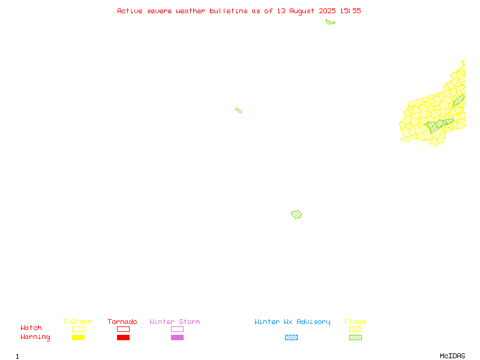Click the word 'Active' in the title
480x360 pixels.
click(130, 11)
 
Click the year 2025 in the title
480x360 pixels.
click(327, 11)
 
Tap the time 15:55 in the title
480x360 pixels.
click(350, 11)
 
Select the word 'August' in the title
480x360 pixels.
click(302, 11)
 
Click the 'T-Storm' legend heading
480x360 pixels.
click(77, 322)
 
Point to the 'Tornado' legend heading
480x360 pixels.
click(122, 322)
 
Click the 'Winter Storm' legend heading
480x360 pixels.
click(175, 322)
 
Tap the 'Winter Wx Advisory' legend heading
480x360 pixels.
click(292, 322)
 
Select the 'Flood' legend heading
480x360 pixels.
click(355, 322)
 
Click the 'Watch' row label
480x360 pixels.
click(31, 328)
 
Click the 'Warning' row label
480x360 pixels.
click(35, 337)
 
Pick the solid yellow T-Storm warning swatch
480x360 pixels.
click(79, 337)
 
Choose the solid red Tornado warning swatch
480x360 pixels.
click(124, 337)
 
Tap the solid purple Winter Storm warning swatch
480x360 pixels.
click(177, 337)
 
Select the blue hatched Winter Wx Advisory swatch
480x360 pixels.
click(291, 337)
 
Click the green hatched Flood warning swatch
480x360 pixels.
click(355, 337)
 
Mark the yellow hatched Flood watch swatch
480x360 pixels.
click(355, 329)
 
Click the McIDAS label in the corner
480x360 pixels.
click(452, 356)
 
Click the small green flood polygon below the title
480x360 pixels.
click(330, 22)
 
